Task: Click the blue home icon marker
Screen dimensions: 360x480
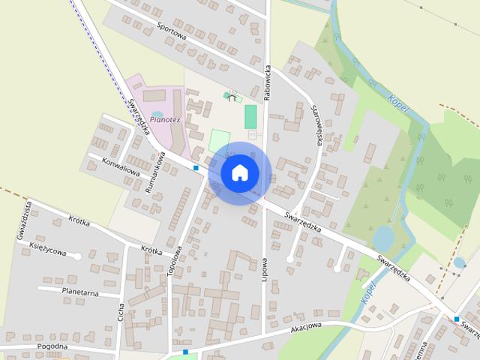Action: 239,172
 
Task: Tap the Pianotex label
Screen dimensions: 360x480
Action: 164,118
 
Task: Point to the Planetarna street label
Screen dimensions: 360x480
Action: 81,292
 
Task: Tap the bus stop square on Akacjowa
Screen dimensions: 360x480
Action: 185,351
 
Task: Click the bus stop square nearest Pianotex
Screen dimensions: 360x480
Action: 196,168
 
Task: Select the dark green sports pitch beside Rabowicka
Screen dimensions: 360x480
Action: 250,116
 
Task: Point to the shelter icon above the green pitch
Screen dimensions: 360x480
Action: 232,97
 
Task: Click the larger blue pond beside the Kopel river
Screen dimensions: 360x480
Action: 383,238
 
